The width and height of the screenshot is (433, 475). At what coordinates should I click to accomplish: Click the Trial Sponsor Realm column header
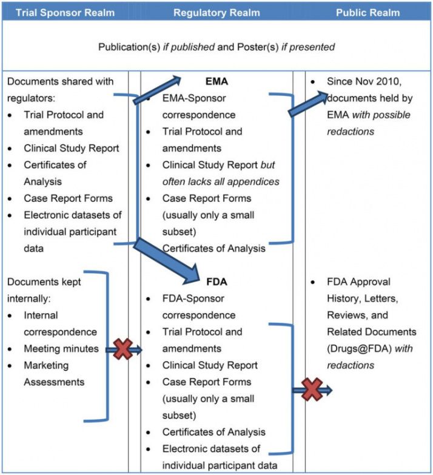click(x=64, y=12)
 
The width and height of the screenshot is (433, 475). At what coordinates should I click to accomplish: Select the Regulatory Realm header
click(x=216, y=12)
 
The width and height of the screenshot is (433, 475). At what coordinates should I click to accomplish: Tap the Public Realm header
click(x=368, y=12)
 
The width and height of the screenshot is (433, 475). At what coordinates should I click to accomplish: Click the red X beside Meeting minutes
click(x=123, y=349)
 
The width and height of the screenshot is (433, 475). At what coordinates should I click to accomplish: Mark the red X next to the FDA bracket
click(x=312, y=389)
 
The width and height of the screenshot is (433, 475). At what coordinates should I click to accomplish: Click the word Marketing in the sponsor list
click(x=46, y=365)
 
